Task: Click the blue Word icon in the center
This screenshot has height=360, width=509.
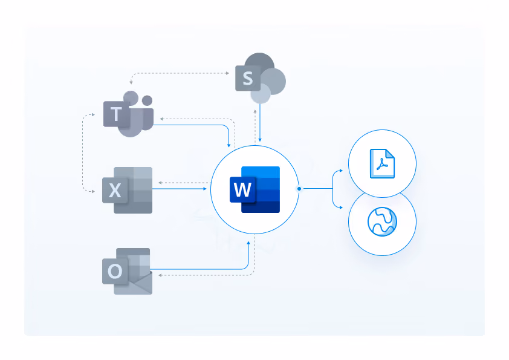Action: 255,189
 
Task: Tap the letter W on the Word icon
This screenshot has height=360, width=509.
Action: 242,189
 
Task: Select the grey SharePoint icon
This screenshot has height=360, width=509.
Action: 261,78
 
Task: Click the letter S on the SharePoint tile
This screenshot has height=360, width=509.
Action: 248,78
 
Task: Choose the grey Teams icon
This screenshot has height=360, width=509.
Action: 128,114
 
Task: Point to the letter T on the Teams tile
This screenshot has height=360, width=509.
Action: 116,114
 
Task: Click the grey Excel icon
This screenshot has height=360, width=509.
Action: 127,190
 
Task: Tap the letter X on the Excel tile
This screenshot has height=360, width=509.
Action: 115,191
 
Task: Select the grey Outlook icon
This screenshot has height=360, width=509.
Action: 127,271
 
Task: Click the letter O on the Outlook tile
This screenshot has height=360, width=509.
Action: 115,271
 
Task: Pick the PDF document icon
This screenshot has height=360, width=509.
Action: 383,163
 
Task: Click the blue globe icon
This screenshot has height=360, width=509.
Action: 383,221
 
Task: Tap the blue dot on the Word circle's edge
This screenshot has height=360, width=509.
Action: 299,188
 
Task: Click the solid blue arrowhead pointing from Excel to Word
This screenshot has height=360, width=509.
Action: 204,188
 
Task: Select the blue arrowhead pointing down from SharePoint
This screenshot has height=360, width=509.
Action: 260,140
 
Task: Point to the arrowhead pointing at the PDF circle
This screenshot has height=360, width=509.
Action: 341,171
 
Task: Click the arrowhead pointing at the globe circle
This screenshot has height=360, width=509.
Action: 341,208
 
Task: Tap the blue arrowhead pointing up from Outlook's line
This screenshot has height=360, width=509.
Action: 248,243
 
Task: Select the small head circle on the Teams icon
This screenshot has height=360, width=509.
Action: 148,100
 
